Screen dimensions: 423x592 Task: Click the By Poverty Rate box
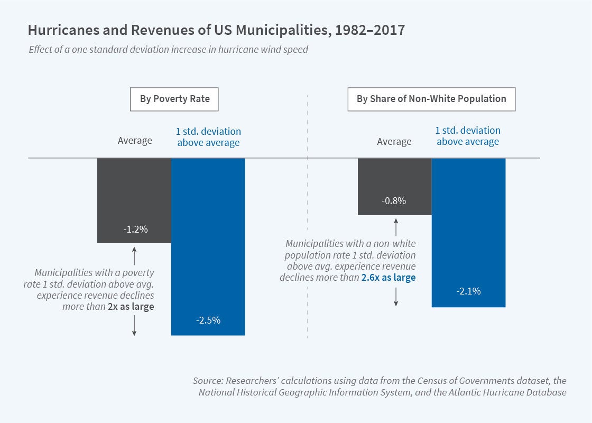(x=174, y=99)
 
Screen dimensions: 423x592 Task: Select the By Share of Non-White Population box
(x=431, y=99)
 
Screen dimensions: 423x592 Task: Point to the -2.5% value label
(x=208, y=320)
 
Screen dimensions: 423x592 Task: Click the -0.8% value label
(x=394, y=201)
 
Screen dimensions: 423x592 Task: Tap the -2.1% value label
(x=468, y=291)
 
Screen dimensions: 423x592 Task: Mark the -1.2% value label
(x=134, y=229)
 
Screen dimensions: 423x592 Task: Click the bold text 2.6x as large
(x=388, y=278)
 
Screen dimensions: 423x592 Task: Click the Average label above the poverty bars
(x=135, y=141)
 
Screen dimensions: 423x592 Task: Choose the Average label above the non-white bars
(x=394, y=141)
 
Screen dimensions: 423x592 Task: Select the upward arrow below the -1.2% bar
(x=134, y=256)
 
